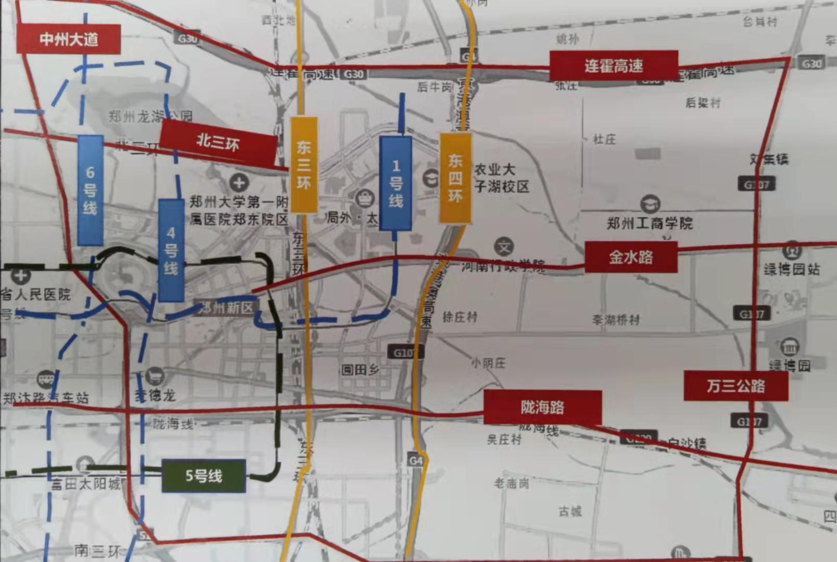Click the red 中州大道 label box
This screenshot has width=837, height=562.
pyautogui.click(x=68, y=39)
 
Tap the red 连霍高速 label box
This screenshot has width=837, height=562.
pyautogui.click(x=614, y=66)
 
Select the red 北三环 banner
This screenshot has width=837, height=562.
pyautogui.click(x=218, y=142)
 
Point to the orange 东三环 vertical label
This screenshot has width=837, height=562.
pyautogui.click(x=304, y=164)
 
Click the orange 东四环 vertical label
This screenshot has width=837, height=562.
pyautogui.click(x=455, y=178)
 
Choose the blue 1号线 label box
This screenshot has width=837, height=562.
pyautogui.click(x=396, y=183)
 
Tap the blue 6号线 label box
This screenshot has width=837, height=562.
pyautogui.click(x=90, y=190)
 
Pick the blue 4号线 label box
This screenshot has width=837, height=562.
pyautogui.click(x=171, y=250)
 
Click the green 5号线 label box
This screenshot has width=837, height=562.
pyautogui.click(x=204, y=476)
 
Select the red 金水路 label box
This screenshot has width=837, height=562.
pyautogui.click(x=631, y=257)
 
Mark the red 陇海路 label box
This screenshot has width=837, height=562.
pyautogui.click(x=542, y=407)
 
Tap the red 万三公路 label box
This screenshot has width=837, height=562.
pyautogui.click(x=735, y=385)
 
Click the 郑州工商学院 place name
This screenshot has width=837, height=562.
pyautogui.click(x=649, y=223)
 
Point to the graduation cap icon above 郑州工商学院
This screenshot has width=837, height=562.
pyautogui.click(x=650, y=203)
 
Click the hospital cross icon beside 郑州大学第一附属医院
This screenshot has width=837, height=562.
pyautogui.click(x=239, y=183)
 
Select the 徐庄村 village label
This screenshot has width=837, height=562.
pyautogui.click(x=459, y=317)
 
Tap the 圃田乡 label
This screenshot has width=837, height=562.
pyautogui.click(x=360, y=370)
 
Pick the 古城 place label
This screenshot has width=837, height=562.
pyautogui.click(x=570, y=511)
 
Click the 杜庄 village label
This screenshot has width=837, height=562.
pyautogui.click(x=604, y=139)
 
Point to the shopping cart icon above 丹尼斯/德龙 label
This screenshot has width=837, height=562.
pyautogui.click(x=155, y=376)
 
